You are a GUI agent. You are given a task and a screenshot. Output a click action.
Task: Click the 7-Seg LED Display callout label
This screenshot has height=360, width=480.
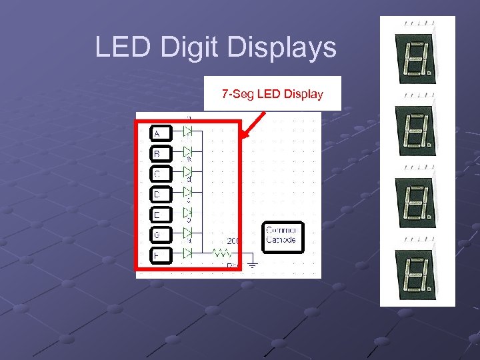click(272, 93)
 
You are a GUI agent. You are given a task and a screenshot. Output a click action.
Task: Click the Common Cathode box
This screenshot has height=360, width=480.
click(283, 236)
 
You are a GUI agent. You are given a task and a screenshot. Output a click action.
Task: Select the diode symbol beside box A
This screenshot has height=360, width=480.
click(188, 131)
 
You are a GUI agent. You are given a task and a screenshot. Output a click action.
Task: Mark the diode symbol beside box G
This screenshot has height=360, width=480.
click(188, 233)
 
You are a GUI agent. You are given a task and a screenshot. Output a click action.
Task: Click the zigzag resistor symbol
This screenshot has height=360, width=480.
click(221, 253)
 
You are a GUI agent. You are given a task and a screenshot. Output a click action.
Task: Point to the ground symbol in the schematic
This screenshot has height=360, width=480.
click(253, 264)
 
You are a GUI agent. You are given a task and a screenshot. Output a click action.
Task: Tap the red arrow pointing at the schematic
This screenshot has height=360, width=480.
click(254, 125)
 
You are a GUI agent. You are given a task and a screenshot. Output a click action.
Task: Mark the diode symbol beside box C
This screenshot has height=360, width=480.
click(188, 172)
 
